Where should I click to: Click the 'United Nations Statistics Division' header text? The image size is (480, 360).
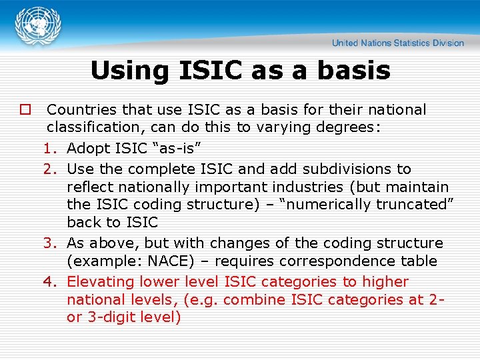point(398,43)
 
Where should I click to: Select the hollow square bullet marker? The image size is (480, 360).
point(25,109)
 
